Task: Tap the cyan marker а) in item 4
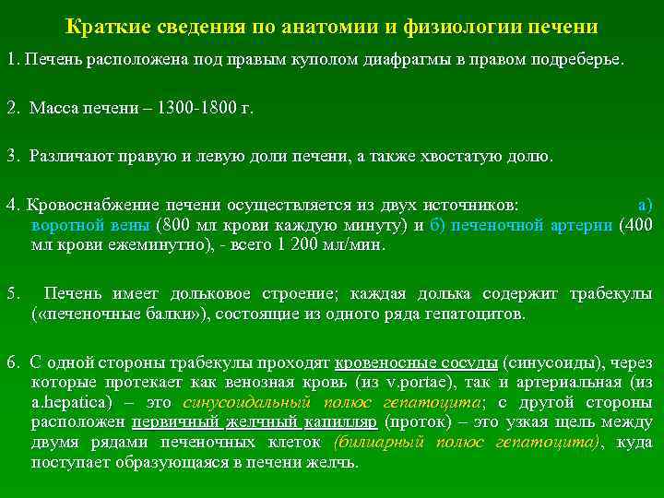645,203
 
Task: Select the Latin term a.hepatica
71,403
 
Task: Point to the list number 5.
12,293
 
